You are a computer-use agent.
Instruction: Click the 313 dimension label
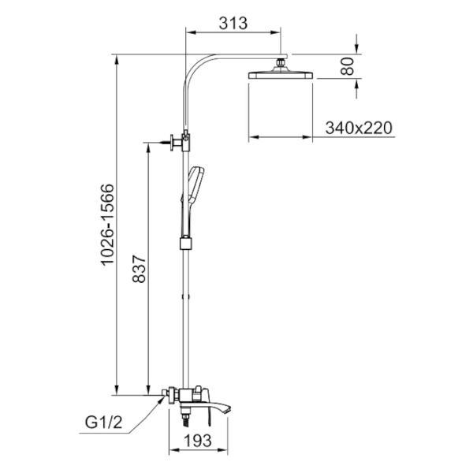pos(233,23)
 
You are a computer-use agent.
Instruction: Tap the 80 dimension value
pos(347,66)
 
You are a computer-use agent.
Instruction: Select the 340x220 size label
pos(359,128)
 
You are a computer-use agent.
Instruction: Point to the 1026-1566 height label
pos(108,225)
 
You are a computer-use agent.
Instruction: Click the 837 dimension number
pos(139,269)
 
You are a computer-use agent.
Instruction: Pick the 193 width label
pos(198,441)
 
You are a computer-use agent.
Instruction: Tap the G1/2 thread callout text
pos(103,423)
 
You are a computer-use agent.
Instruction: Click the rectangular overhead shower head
pos(280,75)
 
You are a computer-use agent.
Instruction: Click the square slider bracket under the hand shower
pos(186,243)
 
